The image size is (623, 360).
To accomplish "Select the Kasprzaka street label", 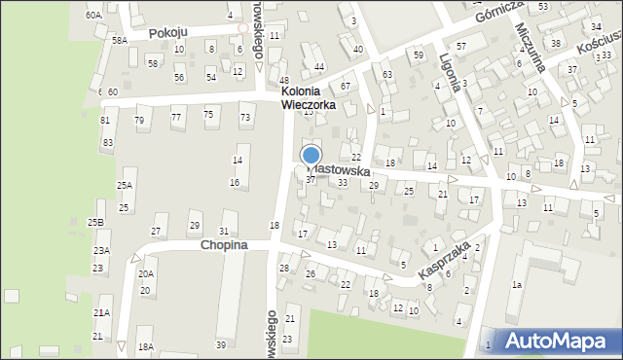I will (440, 258).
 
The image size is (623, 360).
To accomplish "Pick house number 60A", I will (92, 16).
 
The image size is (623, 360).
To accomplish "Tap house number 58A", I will (119, 40).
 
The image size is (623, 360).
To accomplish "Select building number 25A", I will (125, 185).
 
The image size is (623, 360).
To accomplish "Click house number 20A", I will (146, 274).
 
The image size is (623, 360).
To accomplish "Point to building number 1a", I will (519, 284).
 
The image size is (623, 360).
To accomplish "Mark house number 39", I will (221, 345).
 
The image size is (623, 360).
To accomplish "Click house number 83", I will (107, 143).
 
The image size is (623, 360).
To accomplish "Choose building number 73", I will (245, 118).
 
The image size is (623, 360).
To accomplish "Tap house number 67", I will (345, 87).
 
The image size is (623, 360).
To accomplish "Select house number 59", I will (418, 54).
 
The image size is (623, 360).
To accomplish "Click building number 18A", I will (146, 346).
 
